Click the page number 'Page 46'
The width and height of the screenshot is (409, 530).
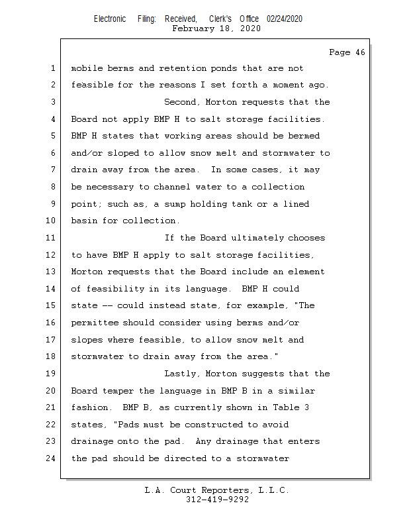click(347, 52)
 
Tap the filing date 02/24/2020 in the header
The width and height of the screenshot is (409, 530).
click(285, 19)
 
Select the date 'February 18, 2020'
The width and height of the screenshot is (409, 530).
click(216, 28)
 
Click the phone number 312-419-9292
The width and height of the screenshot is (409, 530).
click(218, 500)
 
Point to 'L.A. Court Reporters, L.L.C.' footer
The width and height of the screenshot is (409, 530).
click(217, 490)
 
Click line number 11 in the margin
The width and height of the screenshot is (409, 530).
click(50, 238)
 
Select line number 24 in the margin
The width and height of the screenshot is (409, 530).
click(50, 458)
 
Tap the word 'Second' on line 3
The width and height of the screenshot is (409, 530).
click(182, 102)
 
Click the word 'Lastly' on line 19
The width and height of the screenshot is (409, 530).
click(182, 374)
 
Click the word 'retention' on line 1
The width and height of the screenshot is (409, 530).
click(183, 68)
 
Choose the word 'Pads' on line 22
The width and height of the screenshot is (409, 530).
click(128, 425)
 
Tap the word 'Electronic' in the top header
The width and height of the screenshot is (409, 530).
click(110, 19)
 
